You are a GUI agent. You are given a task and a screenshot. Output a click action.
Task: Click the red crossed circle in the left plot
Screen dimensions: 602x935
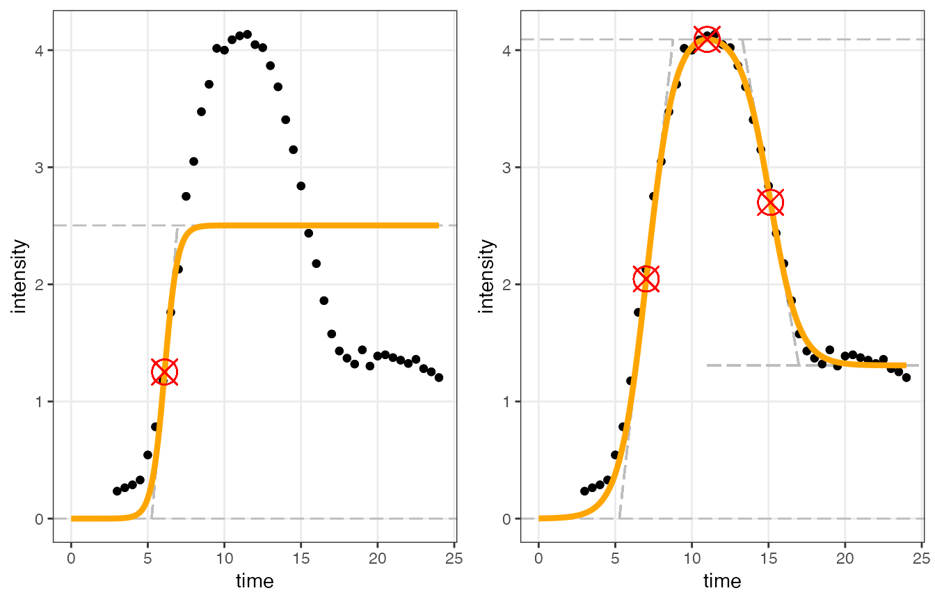click(x=164, y=372)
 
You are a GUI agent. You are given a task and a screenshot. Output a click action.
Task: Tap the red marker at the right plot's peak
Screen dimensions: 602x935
click(x=708, y=39)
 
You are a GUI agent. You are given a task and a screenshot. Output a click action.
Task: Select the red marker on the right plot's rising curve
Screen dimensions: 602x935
click(x=646, y=279)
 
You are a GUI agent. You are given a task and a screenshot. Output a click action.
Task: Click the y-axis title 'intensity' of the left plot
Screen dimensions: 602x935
click(x=20, y=276)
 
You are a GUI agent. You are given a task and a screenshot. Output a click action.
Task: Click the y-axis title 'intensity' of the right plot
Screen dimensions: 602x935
click(x=488, y=276)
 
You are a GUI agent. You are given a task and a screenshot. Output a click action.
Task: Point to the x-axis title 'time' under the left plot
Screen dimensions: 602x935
click(x=255, y=581)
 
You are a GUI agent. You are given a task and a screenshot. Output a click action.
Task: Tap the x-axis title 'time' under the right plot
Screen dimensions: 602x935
click(x=722, y=581)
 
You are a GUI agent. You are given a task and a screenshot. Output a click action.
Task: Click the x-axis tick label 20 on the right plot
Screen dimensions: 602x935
click(x=845, y=557)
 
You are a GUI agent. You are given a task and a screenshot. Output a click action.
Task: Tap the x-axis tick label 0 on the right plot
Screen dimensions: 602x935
click(x=538, y=557)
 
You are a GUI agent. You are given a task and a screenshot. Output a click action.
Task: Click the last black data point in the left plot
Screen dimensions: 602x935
click(x=438, y=377)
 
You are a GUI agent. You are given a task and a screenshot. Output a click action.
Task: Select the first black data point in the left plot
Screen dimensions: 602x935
click(x=117, y=491)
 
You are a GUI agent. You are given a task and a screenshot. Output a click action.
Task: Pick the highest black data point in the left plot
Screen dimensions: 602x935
click(x=247, y=34)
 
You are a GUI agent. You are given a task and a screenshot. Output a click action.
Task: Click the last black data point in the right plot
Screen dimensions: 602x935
click(x=906, y=377)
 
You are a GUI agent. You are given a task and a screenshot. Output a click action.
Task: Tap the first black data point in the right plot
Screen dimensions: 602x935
click(x=584, y=491)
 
